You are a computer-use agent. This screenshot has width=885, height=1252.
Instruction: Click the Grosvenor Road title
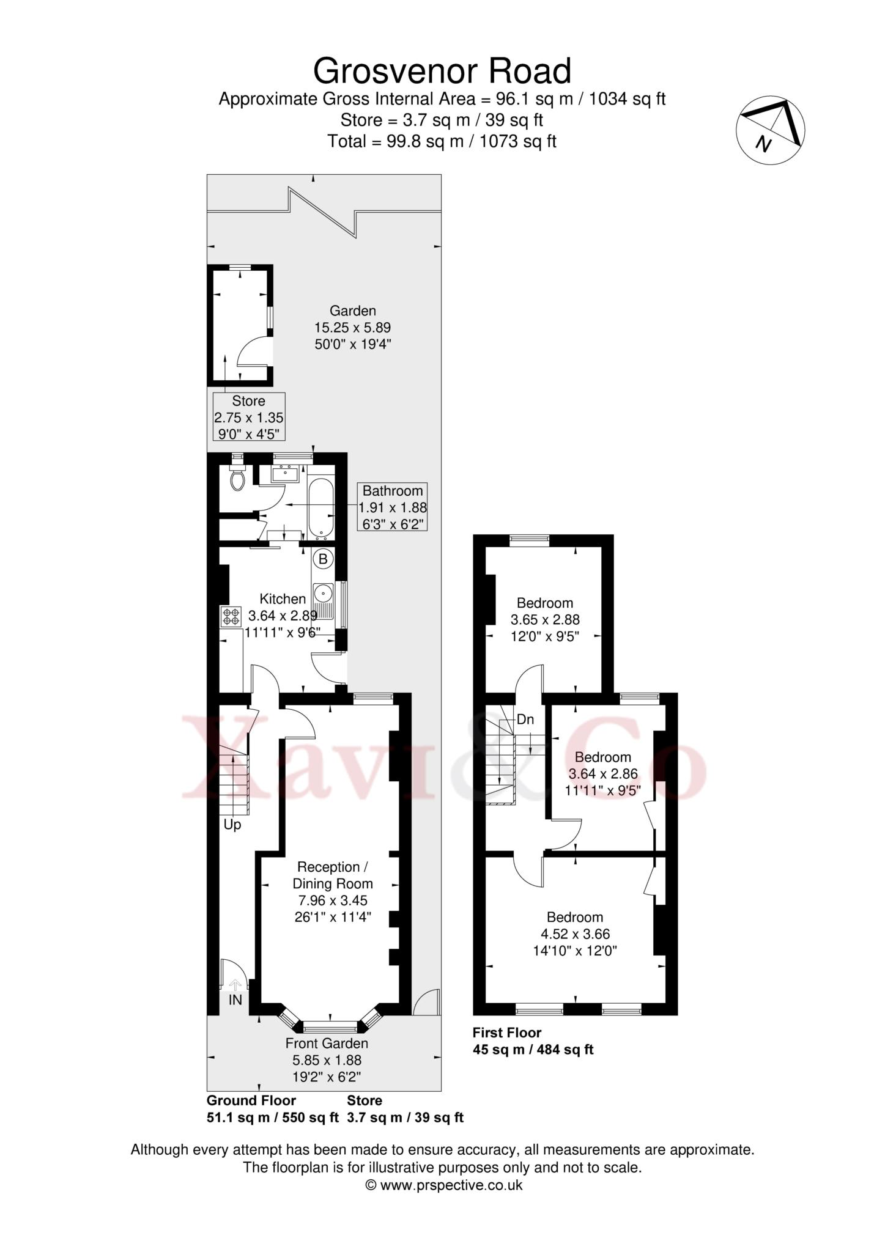[x=442, y=71]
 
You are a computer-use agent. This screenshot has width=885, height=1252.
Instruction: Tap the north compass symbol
[x=770, y=130]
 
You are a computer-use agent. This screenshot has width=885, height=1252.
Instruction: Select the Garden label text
[x=353, y=311]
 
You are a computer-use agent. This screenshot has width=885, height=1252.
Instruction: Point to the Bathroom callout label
[x=393, y=507]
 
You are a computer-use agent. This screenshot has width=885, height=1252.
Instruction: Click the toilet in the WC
[x=237, y=477]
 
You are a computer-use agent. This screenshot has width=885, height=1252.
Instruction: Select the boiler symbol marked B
[x=323, y=558]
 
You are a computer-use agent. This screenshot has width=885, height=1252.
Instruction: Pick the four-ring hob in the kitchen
[x=231, y=616]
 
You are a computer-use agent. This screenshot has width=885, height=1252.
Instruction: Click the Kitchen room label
[x=283, y=599]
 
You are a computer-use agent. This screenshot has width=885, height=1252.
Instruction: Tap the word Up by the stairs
[x=232, y=825]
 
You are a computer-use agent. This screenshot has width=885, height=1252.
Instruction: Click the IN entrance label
[x=235, y=1000]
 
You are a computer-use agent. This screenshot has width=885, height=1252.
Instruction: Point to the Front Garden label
[x=327, y=1044]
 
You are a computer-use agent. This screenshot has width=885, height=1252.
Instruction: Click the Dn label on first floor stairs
[x=525, y=720]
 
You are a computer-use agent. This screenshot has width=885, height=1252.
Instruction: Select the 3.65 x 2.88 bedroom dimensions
[x=545, y=620]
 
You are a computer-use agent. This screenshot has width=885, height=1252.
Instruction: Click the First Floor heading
[x=507, y=1033]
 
